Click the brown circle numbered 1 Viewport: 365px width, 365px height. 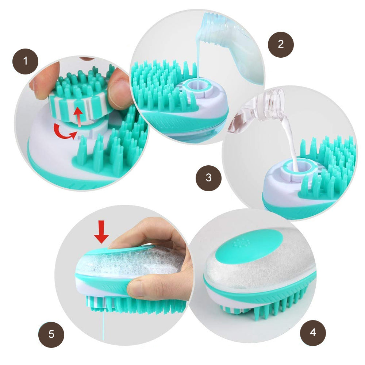(x=26, y=61)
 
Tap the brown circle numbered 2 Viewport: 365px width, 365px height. (x=281, y=45)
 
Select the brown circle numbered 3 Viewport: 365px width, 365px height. (x=208, y=178)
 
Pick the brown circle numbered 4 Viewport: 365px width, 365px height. (x=313, y=333)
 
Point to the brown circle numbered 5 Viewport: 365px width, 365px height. (x=51, y=334)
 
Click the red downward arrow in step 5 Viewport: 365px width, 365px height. (x=101, y=232)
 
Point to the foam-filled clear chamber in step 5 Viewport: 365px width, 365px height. (x=130, y=261)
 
